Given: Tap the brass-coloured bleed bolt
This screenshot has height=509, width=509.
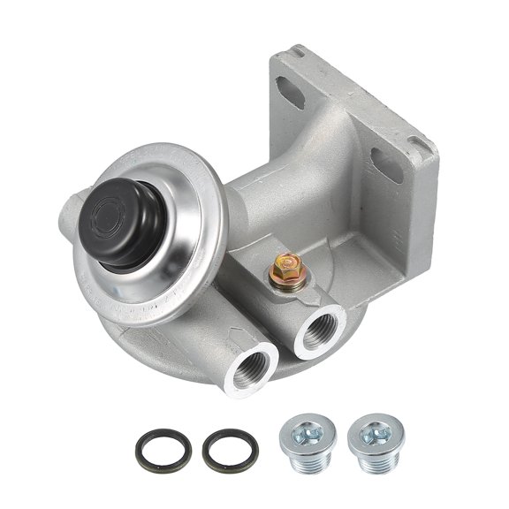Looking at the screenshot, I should click(286, 265).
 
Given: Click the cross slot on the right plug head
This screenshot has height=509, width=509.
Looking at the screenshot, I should click(372, 430).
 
